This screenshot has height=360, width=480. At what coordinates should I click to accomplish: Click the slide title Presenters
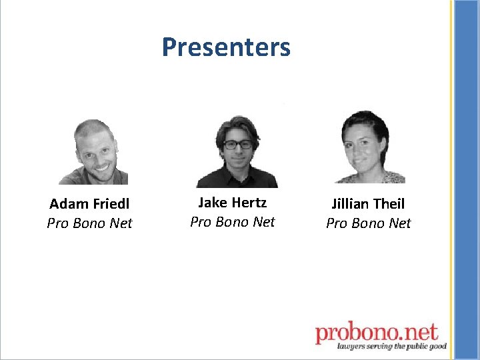pos(226,47)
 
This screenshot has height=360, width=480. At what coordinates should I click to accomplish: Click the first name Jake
pos(213,203)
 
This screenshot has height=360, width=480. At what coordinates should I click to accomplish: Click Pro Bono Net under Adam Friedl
pos(89,223)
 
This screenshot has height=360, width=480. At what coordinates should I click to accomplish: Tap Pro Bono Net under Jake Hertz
pos(232,222)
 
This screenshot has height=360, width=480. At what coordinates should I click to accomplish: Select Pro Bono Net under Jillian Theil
pos(368,223)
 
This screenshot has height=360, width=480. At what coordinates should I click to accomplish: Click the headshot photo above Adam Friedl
pos(93,152)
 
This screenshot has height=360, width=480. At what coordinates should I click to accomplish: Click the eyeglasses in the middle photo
pos(237,144)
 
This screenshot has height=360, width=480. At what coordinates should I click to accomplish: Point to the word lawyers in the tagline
pos(351,346)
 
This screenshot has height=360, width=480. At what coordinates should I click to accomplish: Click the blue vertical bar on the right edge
pos(465,180)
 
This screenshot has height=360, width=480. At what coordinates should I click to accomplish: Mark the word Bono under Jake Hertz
pos(232,222)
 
